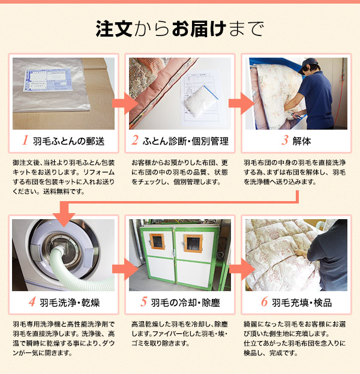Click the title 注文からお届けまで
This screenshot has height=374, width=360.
(179, 28)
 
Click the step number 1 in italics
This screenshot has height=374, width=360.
(25, 142)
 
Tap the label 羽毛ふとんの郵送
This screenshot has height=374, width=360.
(69, 142)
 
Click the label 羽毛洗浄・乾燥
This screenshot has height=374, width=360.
(69, 302)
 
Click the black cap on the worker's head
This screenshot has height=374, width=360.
(312, 63)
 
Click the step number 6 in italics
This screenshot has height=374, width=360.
(264, 302)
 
